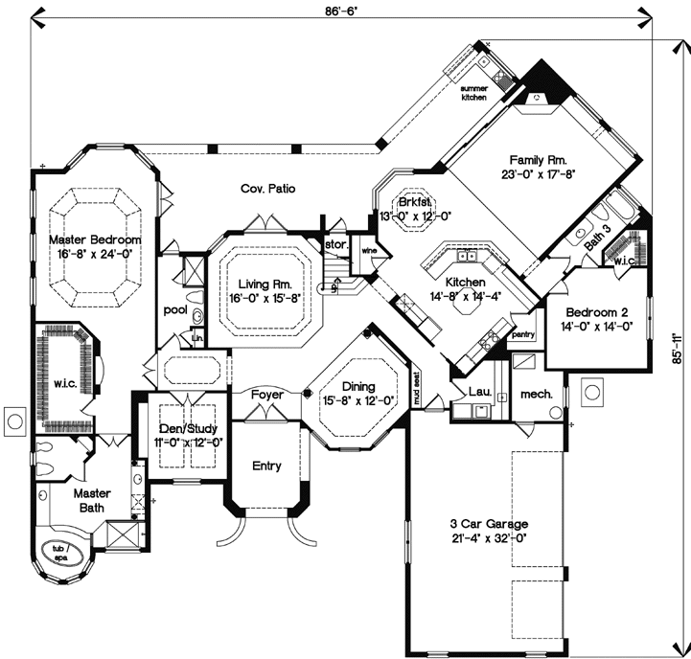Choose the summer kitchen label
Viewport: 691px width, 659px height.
point(473,93)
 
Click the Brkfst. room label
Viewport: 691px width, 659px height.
point(414,202)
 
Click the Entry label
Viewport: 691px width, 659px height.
point(265,466)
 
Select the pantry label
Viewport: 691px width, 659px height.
point(522,335)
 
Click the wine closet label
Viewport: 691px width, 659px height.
point(366,251)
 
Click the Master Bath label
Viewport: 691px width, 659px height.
point(93,500)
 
